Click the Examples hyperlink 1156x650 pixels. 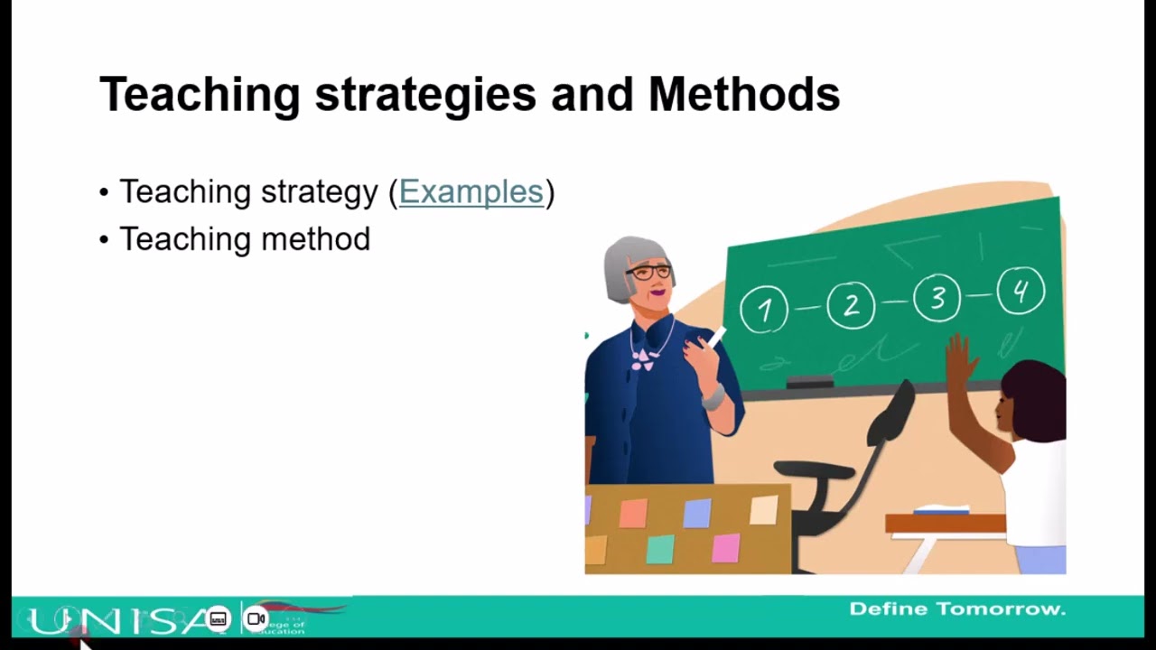tap(471, 192)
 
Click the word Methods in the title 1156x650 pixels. tap(744, 94)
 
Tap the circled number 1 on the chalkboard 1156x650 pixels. tap(765, 310)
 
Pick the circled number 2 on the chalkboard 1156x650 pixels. tap(851, 305)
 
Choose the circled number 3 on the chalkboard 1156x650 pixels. tap(937, 299)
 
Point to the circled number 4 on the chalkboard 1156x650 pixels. tap(1021, 292)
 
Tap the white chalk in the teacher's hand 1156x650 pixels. tap(716, 339)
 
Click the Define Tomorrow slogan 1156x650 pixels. tap(957, 609)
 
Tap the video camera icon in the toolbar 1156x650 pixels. tap(256, 618)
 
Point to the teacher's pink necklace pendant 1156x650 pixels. tap(642, 359)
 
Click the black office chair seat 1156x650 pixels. tap(813, 471)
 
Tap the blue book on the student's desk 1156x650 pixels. tap(942, 511)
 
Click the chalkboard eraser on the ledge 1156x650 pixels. tap(809, 383)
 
